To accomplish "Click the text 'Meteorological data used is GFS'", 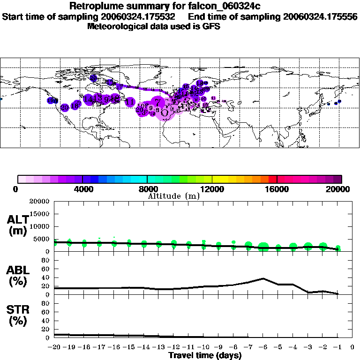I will (154, 26).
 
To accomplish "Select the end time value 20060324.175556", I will (320, 16).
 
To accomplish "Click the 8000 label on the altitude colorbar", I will (147, 189).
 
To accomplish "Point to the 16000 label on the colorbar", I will (277, 189).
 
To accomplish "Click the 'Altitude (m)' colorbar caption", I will (174, 196).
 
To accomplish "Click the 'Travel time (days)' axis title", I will (205, 356).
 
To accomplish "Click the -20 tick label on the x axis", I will (54, 347).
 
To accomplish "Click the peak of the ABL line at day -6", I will (263, 278).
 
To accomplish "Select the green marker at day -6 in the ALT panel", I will (263, 247).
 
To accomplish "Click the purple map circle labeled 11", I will (130, 102).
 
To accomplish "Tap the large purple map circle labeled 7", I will (158, 101).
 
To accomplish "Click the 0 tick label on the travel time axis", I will (352, 347).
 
